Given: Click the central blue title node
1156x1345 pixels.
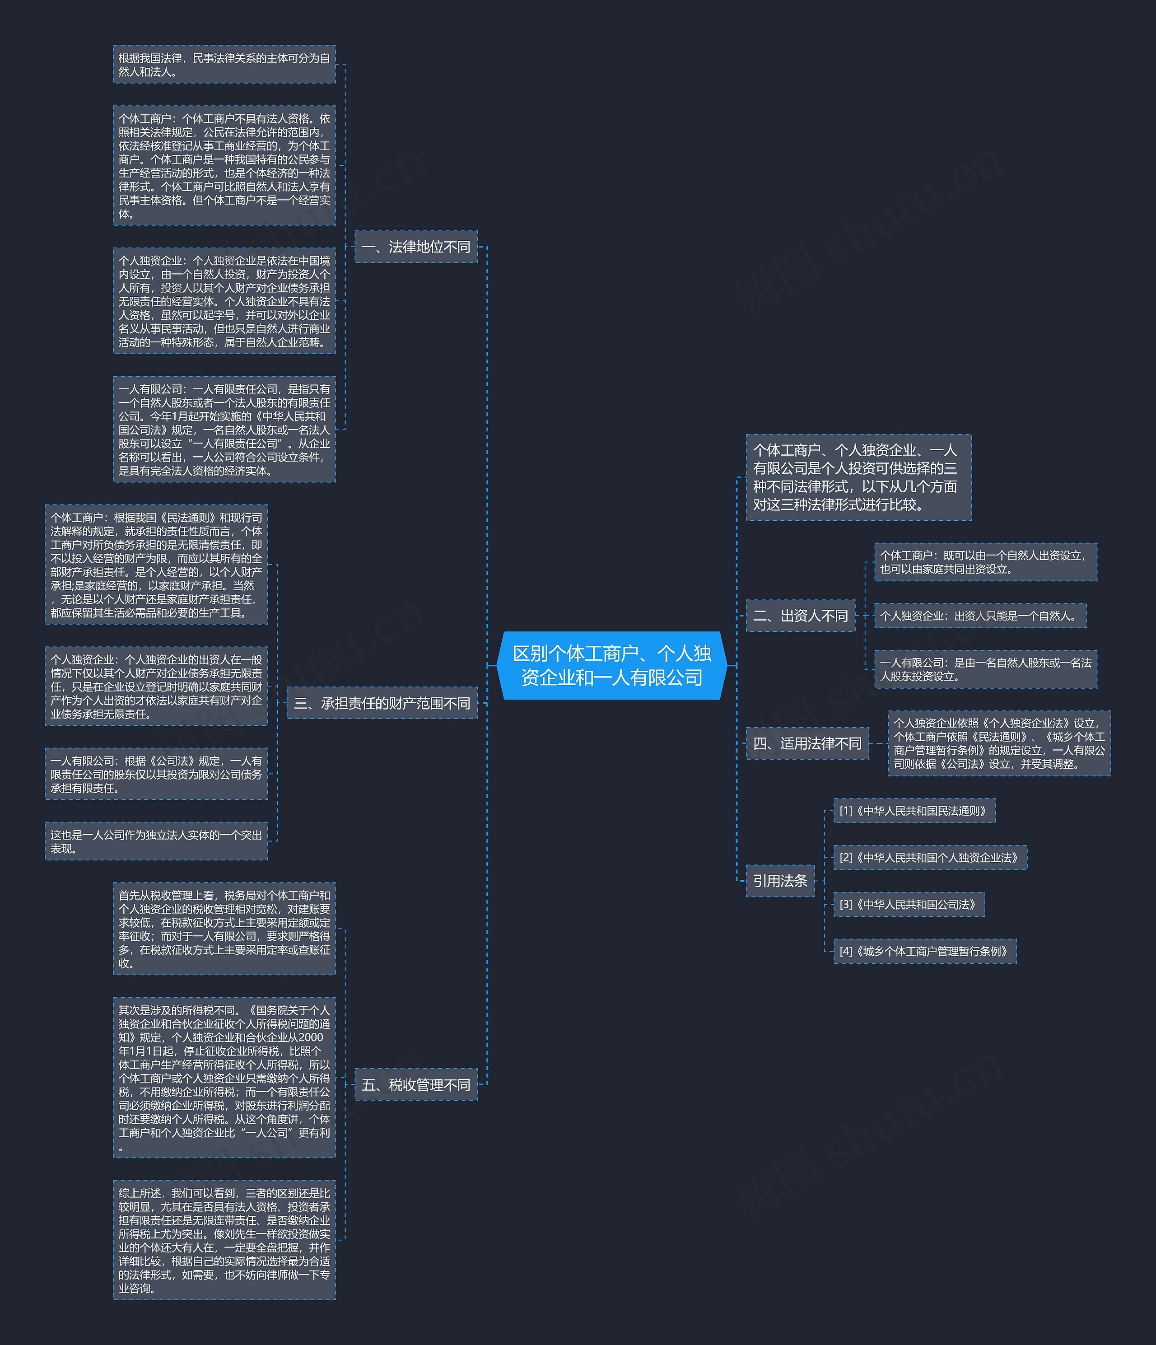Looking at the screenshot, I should tap(612, 665).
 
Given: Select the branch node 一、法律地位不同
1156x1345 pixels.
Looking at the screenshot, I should tap(416, 247).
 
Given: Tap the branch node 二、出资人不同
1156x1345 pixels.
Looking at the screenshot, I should tap(800, 616).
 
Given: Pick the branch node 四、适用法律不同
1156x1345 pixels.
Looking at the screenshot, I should tap(807, 743).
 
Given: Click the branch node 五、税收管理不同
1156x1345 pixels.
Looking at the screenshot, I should tap(416, 1084).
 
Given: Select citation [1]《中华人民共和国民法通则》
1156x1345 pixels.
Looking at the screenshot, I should tap(914, 811).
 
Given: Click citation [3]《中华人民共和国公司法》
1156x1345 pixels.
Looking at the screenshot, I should tap(909, 904).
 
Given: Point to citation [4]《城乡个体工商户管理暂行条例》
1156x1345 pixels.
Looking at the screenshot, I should tap(925, 951).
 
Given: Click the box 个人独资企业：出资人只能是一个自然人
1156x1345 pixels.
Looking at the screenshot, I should tap(980, 616).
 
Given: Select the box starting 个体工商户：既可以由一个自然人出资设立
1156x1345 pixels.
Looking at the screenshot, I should tap(985, 562).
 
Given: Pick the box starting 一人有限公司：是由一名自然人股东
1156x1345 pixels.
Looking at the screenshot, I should tap(985, 669).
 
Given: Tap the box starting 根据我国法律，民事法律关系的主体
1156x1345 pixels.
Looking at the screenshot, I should tap(224, 64).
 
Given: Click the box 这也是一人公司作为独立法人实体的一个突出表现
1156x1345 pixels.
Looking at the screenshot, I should tap(156, 841).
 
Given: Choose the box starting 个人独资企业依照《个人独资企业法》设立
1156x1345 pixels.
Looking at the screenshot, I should tap(999, 743).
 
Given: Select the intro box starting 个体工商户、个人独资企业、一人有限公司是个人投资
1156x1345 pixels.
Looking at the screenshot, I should tap(858, 477).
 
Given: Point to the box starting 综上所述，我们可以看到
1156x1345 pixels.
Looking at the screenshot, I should tap(224, 1239).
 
